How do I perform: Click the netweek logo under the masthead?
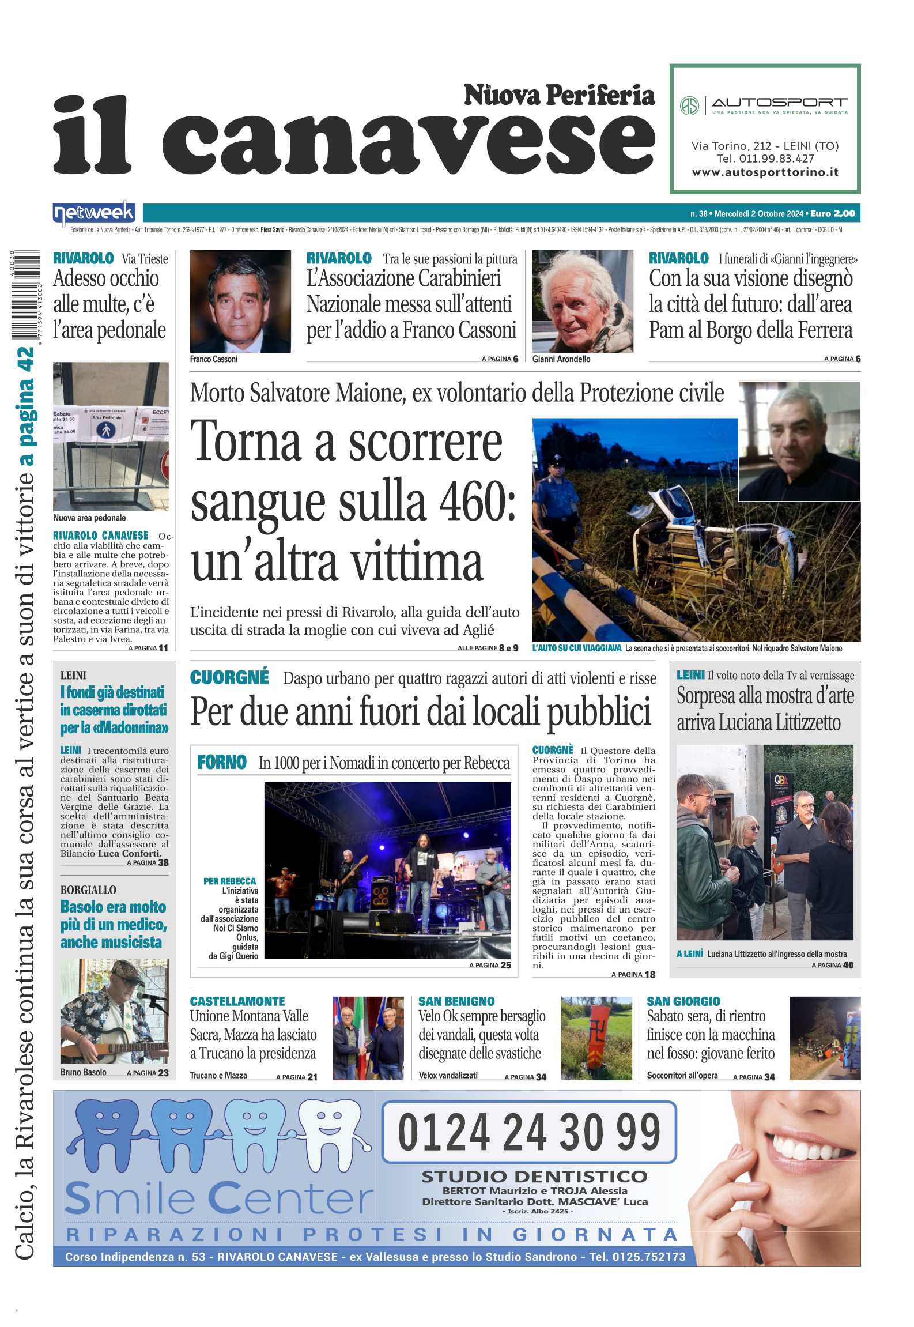94,213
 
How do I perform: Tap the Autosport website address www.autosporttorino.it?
765,172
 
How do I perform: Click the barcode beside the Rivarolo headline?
25,295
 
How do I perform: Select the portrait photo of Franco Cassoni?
240,301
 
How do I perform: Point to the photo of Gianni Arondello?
582,301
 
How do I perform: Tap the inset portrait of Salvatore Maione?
799,441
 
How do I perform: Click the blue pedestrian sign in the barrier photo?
105,430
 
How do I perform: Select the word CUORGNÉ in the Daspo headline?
229,677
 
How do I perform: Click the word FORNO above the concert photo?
222,763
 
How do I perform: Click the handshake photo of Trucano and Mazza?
368,1038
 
